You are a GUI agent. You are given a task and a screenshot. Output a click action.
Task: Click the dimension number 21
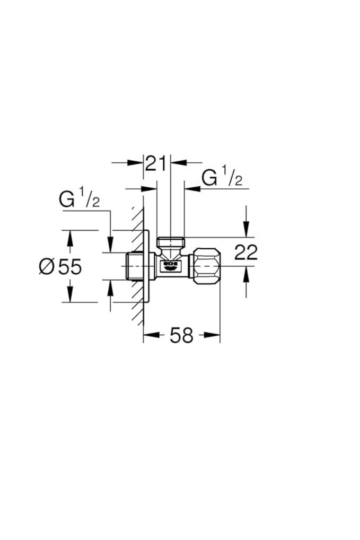coord(156,163)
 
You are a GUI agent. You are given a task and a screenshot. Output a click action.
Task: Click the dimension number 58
coord(181,335)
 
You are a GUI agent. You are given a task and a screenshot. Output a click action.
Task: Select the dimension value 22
coord(245,252)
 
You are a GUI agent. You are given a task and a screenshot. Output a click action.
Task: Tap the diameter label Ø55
coord(60,266)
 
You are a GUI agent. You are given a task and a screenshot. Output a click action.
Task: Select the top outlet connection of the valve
coord(170,242)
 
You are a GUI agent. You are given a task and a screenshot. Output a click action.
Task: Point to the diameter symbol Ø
coord(46,266)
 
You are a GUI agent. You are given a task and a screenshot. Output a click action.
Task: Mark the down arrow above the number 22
coord(246,230)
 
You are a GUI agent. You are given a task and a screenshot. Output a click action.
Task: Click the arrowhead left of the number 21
coord(136,162)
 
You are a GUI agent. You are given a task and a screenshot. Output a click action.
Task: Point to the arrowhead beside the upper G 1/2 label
coord(192,188)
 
